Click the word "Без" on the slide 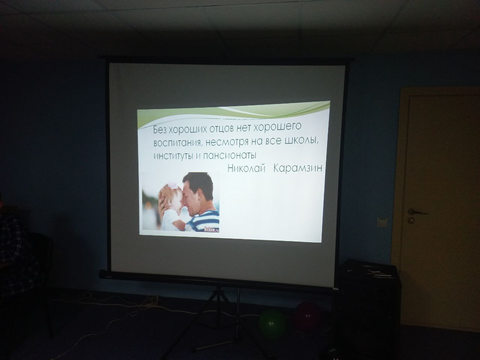[x=160, y=130]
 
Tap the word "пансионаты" [x=229, y=155]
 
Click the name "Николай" [x=246, y=168]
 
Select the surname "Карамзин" [x=298, y=168]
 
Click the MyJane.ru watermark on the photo [x=211, y=229]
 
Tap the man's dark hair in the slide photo [x=199, y=183]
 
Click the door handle [x=416, y=212]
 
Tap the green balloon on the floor [x=272, y=323]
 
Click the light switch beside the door [x=382, y=222]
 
